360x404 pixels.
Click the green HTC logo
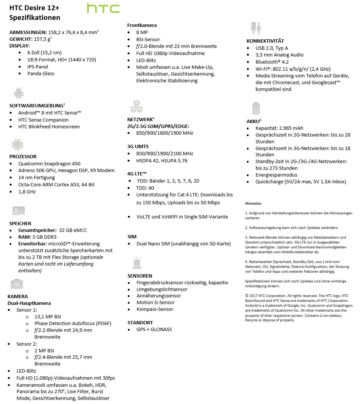pyautogui.click(x=103, y=9)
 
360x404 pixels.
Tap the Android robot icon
pyautogui.click(x=18, y=93)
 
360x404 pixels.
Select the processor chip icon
pyautogui.click(x=18, y=145)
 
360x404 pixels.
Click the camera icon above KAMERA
pyautogui.click(x=17, y=284)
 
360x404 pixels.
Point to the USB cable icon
pyautogui.click(x=255, y=28)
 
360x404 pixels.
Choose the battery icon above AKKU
pyautogui.click(x=256, y=108)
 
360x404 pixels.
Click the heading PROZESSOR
pyautogui.click(x=23, y=156)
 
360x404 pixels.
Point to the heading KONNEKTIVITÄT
pyautogui.click(x=265, y=41)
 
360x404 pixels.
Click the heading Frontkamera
pyautogui.click(x=142, y=25)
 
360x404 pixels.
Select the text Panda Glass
pyautogui.click(x=41, y=73)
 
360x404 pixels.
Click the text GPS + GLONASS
pyautogui.click(x=154, y=329)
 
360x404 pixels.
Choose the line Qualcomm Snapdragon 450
pyautogui.click(x=49, y=163)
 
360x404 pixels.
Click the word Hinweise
pyautogui.click(x=253, y=203)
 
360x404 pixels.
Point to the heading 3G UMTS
pyautogui.click(x=138, y=146)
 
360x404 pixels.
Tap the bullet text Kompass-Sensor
pyautogui.click(x=155, y=309)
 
